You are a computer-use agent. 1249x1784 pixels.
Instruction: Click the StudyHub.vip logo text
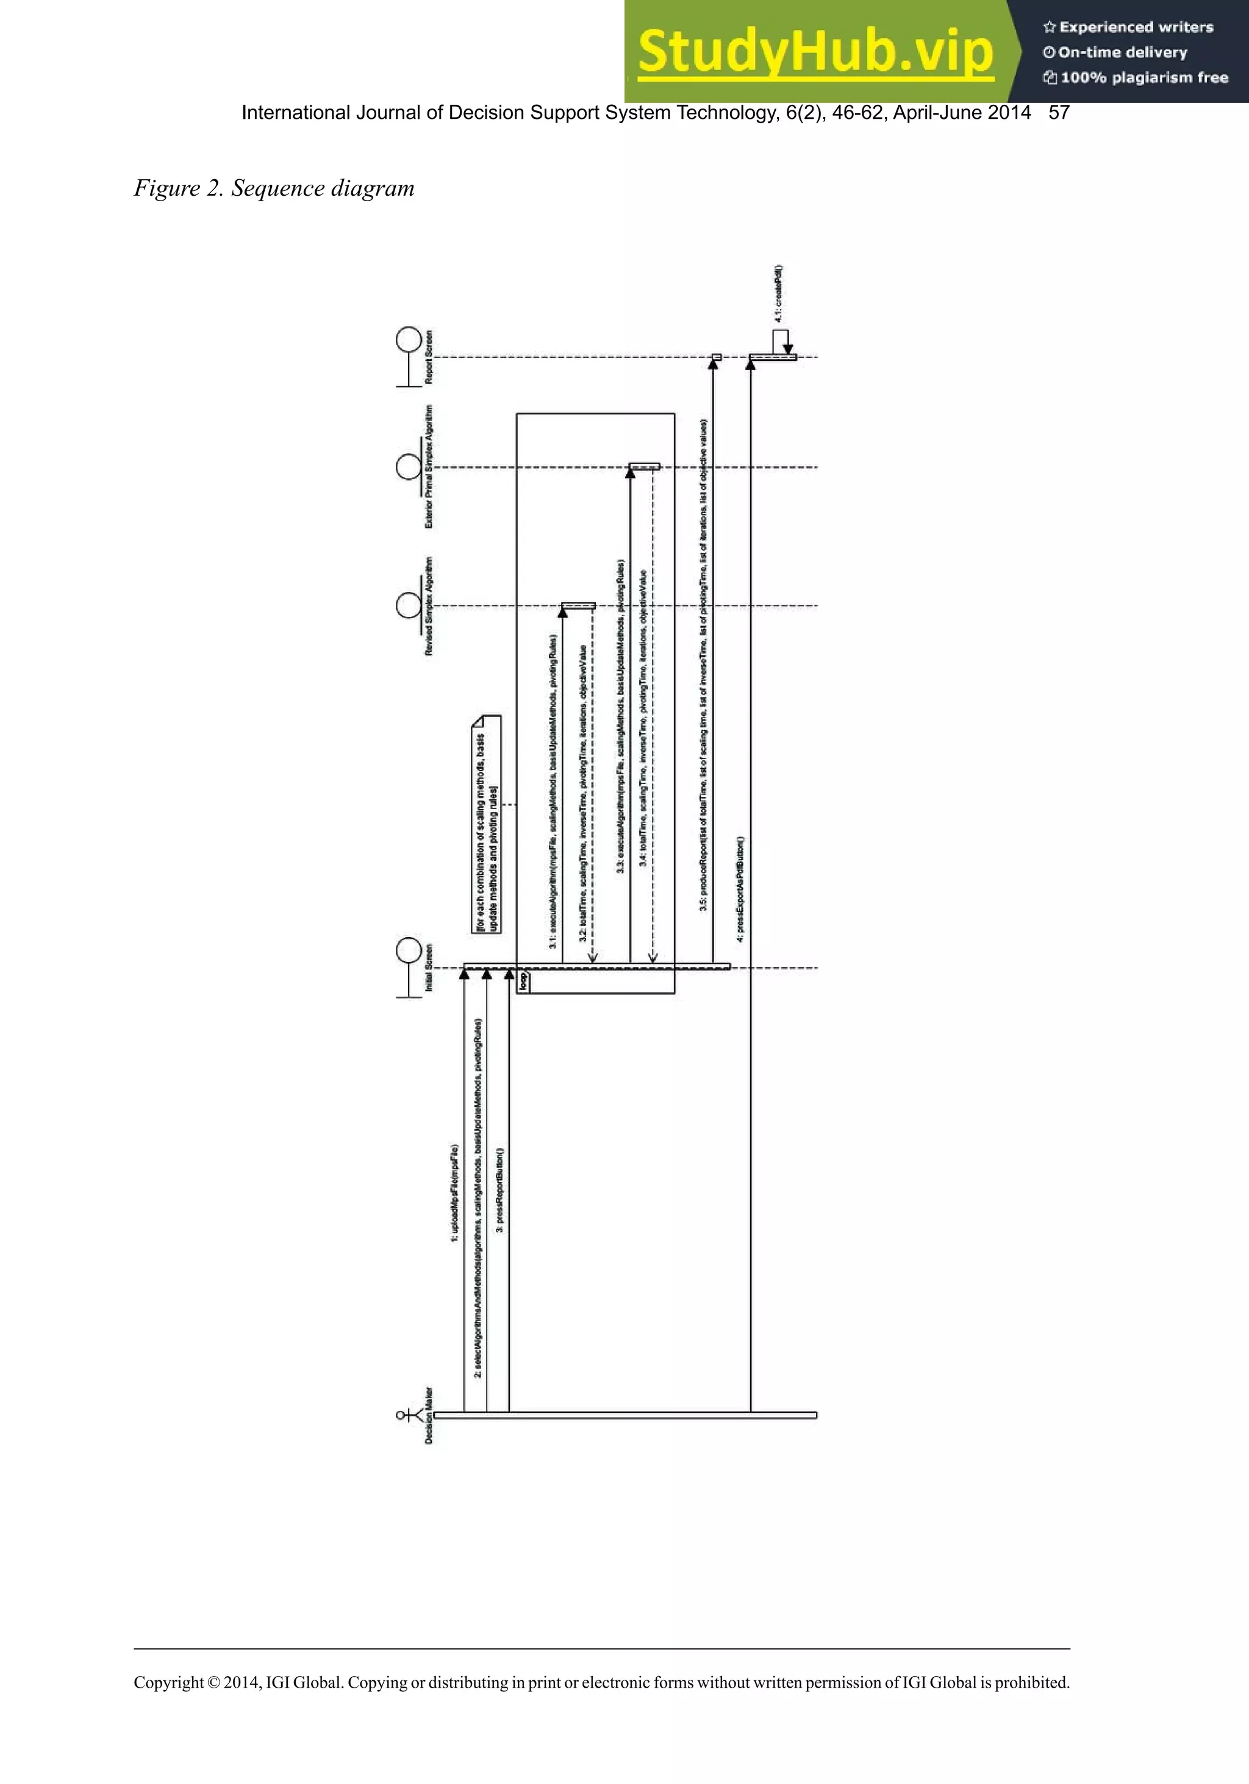(815, 52)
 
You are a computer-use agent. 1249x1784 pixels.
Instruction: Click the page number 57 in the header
(1059, 113)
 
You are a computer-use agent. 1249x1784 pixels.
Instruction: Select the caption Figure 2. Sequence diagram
(274, 188)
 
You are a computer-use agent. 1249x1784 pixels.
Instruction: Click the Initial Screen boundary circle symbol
(409, 951)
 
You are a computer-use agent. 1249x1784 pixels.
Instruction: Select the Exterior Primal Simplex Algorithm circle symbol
(409, 467)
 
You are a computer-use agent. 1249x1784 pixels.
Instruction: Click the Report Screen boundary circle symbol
(409, 340)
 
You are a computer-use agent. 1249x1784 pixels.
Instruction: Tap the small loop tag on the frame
(524, 980)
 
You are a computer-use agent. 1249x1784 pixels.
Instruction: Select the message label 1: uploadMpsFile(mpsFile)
(455, 1193)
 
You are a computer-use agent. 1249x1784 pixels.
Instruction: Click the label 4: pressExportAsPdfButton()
(741, 890)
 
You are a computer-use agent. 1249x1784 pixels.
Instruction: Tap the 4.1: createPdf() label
(778, 294)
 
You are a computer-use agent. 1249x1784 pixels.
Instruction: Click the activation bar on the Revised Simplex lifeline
(578, 605)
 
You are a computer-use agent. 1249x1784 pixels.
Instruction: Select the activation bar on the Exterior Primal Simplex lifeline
(644, 467)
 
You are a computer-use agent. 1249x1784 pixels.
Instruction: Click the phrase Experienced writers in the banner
(1135, 27)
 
